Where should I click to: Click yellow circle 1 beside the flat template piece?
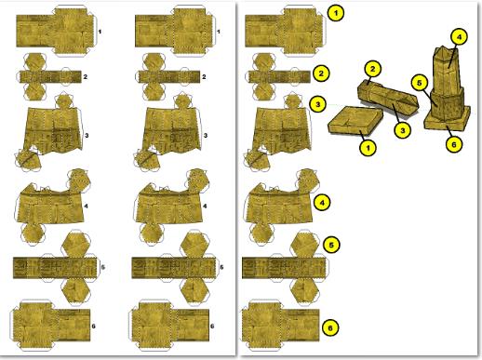click(336, 13)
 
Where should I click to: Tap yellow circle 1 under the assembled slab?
click(368, 148)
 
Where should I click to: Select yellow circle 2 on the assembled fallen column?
click(372, 69)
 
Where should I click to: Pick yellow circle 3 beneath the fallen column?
click(403, 130)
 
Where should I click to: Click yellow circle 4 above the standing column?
click(459, 37)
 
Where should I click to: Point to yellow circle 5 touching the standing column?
click(420, 83)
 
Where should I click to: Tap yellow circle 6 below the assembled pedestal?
click(454, 144)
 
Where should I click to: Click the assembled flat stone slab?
click(355, 120)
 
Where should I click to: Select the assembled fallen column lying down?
click(388, 98)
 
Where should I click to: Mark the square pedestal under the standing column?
click(448, 119)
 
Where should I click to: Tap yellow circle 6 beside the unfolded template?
click(330, 327)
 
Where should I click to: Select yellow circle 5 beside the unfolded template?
click(331, 245)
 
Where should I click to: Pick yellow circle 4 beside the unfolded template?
click(322, 203)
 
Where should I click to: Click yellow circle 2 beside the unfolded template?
click(321, 73)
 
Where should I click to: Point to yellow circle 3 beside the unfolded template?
click(317, 104)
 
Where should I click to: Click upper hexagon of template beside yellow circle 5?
click(304, 244)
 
